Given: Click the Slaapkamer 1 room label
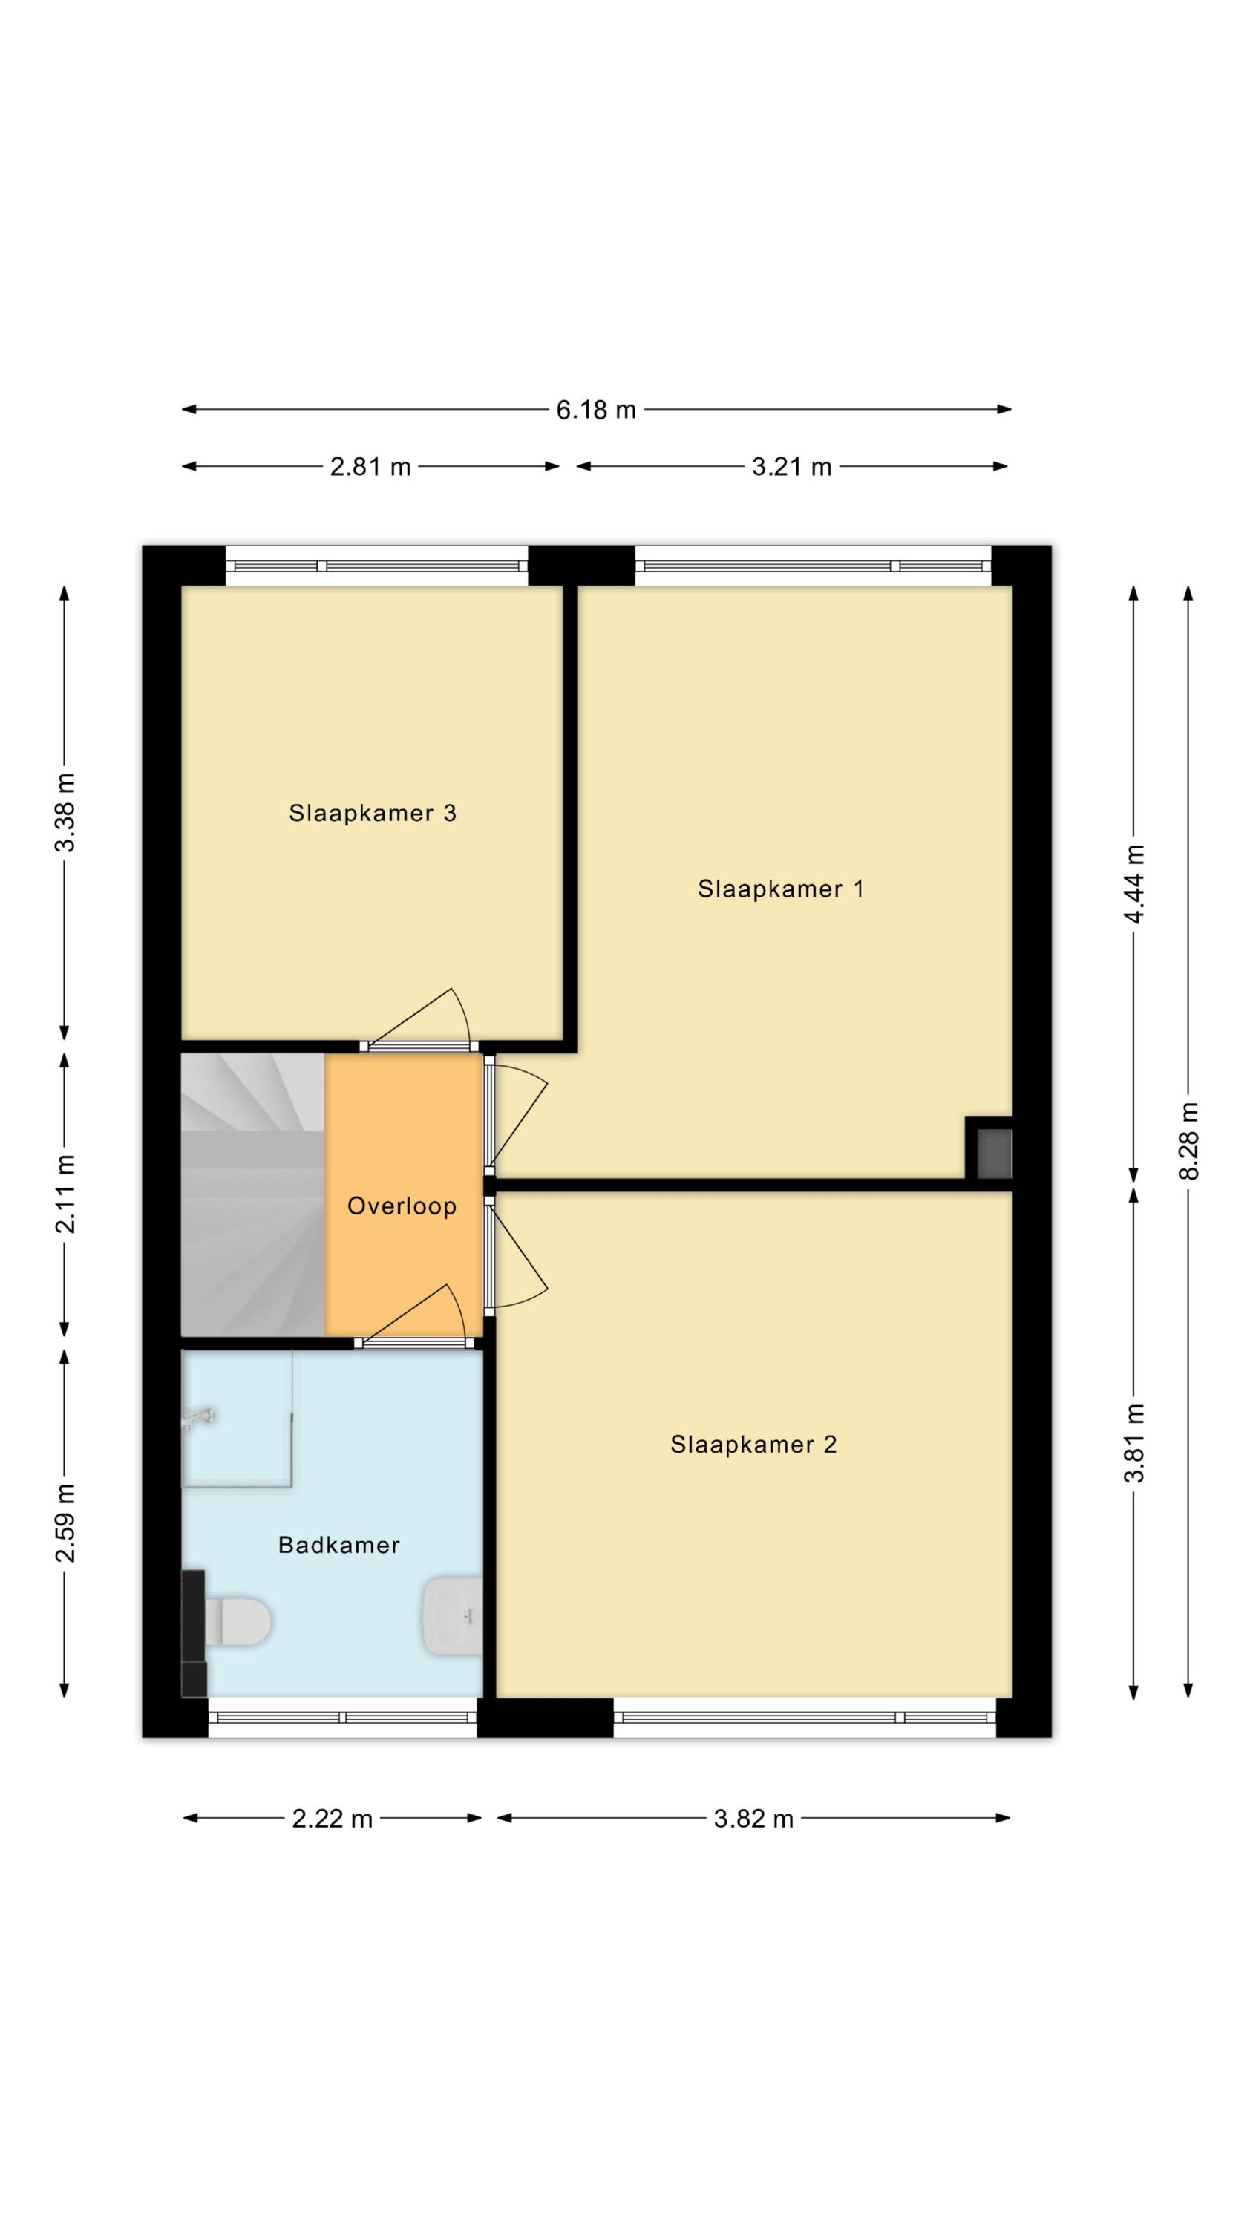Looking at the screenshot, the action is coord(780,889).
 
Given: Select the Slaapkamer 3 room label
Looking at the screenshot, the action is coord(372,813).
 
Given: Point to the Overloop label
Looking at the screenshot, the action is coord(402,1206).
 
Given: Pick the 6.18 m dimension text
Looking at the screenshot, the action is coord(596,410).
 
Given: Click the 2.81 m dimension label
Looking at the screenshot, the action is coord(370,467).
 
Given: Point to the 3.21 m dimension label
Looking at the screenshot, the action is coord(791,467).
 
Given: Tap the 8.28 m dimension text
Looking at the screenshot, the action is coord(1188,1141).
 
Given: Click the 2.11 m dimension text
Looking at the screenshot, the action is coord(65,1193).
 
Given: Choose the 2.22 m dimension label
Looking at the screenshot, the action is coord(332,1819).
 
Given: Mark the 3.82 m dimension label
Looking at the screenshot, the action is coord(753,1819).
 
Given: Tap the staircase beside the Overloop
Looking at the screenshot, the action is coord(252,1194).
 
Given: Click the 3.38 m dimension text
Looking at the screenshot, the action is coord(65,813).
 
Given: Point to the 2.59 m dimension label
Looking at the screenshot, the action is coord(65,1523).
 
